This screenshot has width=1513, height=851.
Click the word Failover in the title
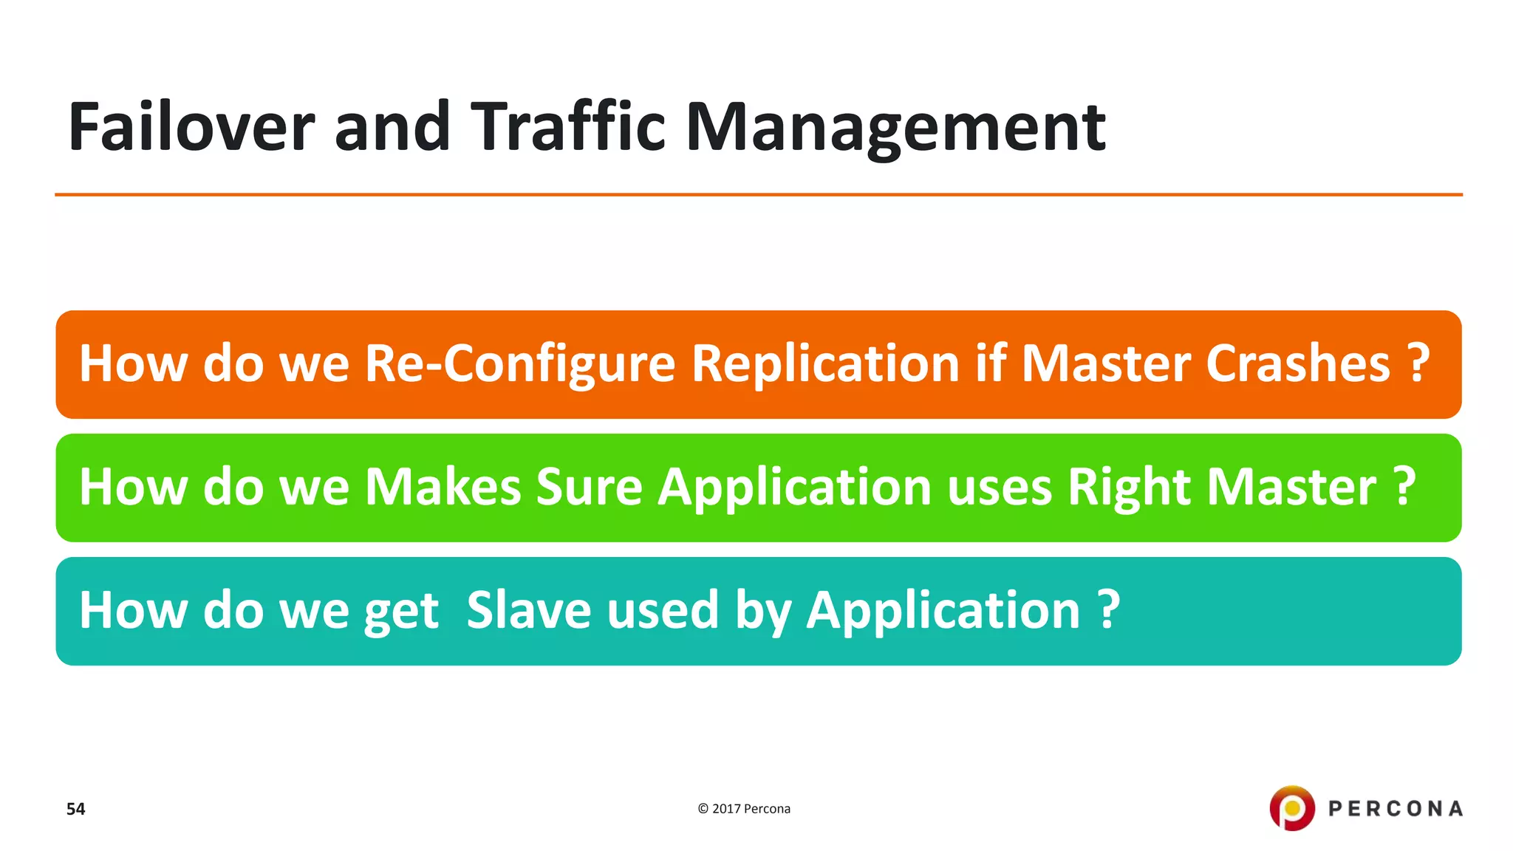[x=191, y=127]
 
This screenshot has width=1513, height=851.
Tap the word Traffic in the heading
[x=567, y=127]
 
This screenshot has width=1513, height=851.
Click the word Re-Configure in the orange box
[x=519, y=364]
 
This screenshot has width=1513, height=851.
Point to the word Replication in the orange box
[x=824, y=364]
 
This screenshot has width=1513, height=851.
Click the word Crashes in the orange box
[x=1297, y=364]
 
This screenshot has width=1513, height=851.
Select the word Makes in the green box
[x=443, y=488]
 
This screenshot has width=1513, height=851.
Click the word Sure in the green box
[x=589, y=488]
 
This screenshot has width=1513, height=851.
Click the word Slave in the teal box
[x=529, y=610]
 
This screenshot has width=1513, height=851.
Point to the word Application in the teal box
[x=943, y=612]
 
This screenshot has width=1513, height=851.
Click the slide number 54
[x=75, y=809]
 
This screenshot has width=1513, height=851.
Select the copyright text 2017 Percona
[x=744, y=809]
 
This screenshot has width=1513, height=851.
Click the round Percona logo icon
[x=1291, y=808]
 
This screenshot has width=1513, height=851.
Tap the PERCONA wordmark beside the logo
[x=1395, y=809]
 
